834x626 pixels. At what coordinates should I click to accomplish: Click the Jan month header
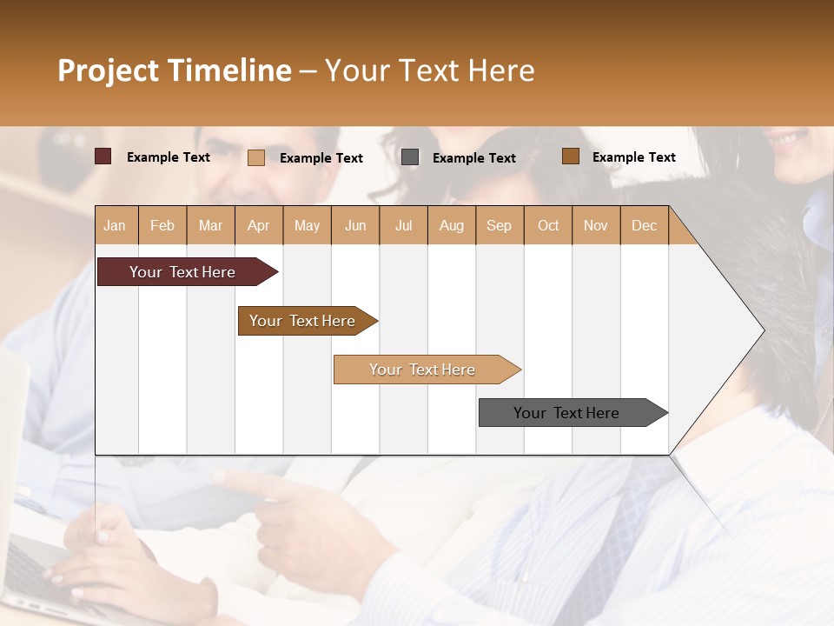click(115, 225)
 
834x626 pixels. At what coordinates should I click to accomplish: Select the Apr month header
click(259, 225)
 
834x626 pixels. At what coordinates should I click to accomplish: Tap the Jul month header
click(404, 225)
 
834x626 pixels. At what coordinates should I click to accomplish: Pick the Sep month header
click(499, 225)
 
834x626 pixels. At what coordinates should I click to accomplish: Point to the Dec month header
click(644, 225)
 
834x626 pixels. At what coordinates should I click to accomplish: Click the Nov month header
click(596, 225)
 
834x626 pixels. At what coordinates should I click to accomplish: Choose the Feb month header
click(162, 225)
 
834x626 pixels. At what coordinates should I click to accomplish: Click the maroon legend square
click(103, 156)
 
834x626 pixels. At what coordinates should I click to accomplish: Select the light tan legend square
click(256, 157)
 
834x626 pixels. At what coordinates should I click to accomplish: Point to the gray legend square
click(410, 156)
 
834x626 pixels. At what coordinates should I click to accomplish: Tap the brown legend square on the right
click(570, 156)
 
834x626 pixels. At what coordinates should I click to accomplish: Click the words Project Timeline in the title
click(174, 70)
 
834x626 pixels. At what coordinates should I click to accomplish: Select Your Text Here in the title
click(430, 70)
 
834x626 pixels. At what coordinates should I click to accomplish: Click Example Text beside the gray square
click(474, 158)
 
